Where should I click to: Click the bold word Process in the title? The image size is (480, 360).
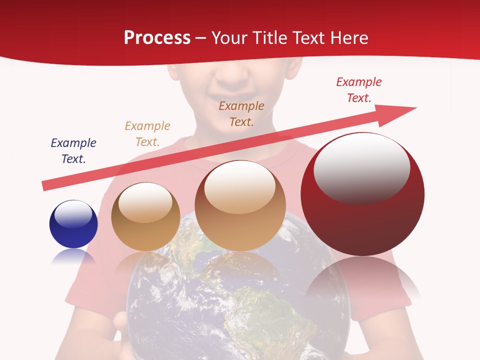(157, 38)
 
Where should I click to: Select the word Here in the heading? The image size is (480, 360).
(349, 38)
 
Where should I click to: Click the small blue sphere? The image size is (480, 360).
(73, 224)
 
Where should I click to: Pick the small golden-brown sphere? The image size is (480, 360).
(145, 216)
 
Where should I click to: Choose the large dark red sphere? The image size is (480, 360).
(362, 194)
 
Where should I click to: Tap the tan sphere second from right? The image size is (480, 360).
(240, 205)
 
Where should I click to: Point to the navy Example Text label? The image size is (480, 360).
(73, 151)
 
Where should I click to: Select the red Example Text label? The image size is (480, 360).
(359, 90)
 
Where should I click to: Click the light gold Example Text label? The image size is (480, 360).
(147, 134)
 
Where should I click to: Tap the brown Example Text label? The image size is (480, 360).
(241, 113)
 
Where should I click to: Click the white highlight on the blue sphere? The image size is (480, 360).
(73, 214)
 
